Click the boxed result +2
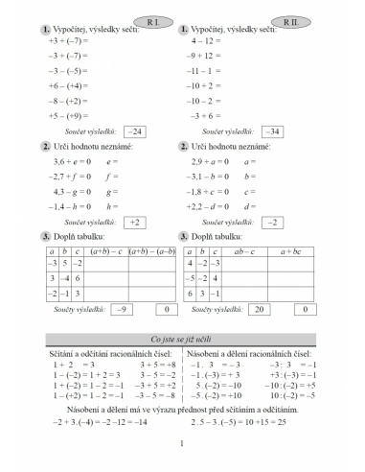(x=136, y=222)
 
